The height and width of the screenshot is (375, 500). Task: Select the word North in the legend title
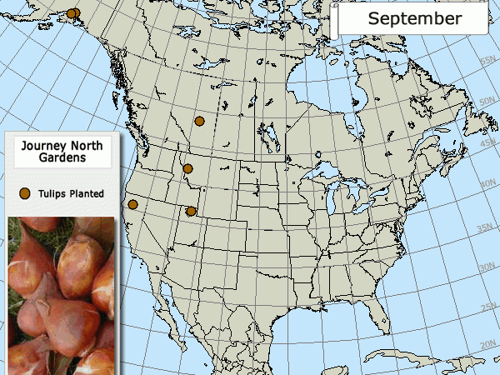coord(87,146)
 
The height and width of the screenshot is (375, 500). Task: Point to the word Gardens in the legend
coord(62,157)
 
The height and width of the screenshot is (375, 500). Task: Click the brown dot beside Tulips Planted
coord(25,193)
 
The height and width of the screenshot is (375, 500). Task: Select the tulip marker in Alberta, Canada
coord(199,121)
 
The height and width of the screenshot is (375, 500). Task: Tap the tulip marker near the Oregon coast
coord(132,204)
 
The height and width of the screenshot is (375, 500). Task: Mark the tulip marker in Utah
coord(192,211)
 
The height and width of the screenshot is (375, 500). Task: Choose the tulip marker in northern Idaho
coord(187,168)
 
